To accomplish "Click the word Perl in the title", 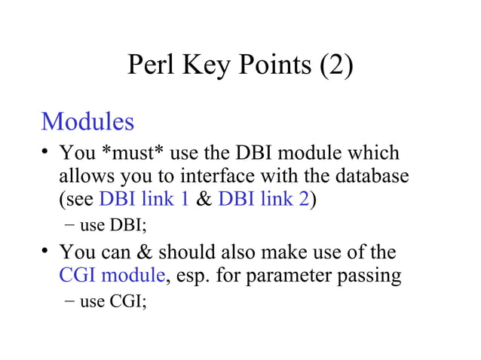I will point(150,66).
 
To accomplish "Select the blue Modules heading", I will point(87,121).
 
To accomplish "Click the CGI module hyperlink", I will point(112,275).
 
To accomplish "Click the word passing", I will point(370,276).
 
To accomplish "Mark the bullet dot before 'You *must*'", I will point(47,153).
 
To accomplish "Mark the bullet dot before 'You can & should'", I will point(47,250).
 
